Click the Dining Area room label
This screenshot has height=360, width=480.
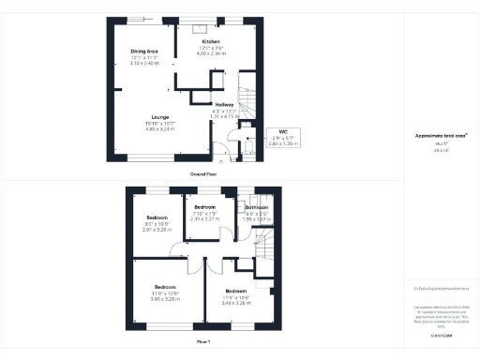pos(143,52)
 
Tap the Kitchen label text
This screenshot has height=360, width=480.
pos(211,42)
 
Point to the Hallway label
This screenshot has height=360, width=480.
pos(224,104)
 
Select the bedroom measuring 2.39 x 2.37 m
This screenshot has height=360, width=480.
pos(204,217)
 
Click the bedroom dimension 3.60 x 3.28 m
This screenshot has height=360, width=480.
pos(165,300)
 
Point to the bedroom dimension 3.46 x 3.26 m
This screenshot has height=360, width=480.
pos(235,305)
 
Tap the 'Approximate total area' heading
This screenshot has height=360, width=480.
pos(441,135)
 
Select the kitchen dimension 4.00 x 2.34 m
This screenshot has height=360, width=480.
pos(211,53)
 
